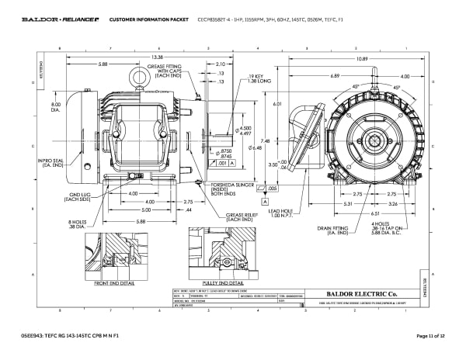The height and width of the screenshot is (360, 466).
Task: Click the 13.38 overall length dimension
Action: (157, 57)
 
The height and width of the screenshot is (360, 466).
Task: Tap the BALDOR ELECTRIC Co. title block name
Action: (363, 292)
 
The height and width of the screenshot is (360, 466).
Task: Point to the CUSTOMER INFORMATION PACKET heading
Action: (143, 18)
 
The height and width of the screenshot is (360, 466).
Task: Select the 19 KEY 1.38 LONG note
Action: (259, 78)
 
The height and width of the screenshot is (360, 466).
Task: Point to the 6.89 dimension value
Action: (335, 75)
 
